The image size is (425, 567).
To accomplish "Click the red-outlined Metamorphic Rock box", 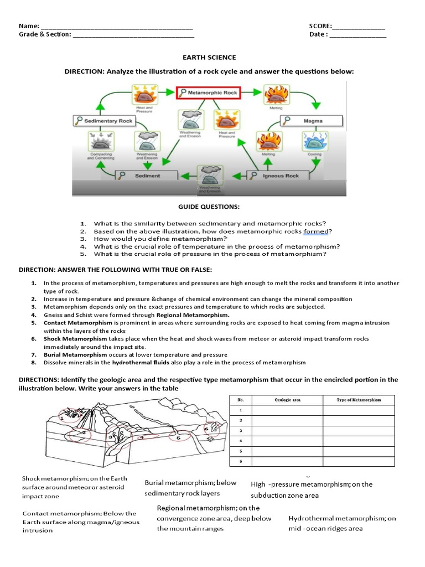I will pos(208,93).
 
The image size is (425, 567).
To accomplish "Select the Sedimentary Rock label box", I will pos(103,121).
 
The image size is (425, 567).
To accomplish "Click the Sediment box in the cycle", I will pos(146,176).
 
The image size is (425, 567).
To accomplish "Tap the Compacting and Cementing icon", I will pos(101,143).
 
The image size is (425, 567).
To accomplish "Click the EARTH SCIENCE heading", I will pos(209,58).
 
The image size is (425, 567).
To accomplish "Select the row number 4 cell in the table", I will pos(240,441).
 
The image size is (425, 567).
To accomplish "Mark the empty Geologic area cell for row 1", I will pos(287,410).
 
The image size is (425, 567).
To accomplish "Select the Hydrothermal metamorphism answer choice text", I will pos(342,523).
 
